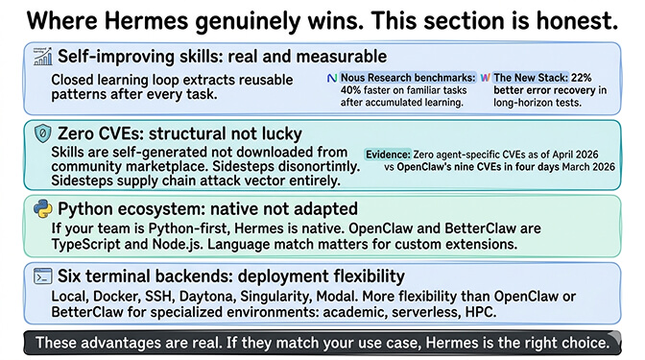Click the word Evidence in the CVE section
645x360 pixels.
tap(388, 154)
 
